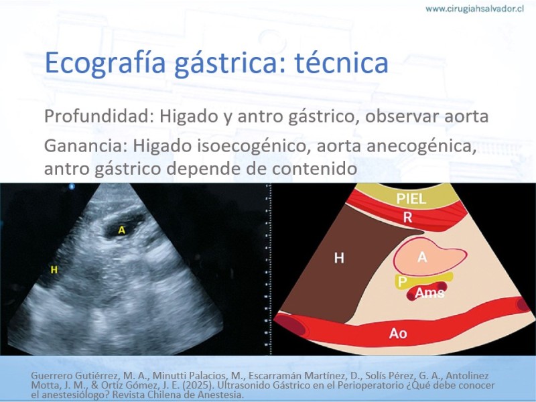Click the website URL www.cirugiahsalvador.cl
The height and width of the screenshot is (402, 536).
[x=474, y=9]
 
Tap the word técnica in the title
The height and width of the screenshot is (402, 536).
[x=341, y=62]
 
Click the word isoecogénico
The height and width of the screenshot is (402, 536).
[x=253, y=147]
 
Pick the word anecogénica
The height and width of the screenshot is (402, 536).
[x=421, y=147]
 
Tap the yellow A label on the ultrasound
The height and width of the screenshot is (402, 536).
[x=121, y=230]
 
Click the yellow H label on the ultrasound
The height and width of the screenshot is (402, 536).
[x=54, y=270]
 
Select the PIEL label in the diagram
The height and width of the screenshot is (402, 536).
[x=411, y=198]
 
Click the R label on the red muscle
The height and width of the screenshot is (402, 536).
[x=407, y=217]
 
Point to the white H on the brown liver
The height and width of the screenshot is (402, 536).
[x=339, y=258]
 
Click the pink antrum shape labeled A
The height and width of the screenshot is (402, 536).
[x=429, y=257]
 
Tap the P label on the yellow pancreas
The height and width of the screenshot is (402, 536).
[x=403, y=282]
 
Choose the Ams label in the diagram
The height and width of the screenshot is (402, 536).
[x=429, y=293]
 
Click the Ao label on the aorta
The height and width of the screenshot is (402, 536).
[x=398, y=333]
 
